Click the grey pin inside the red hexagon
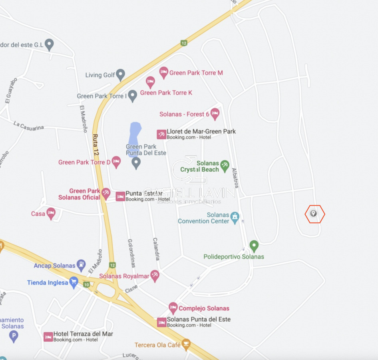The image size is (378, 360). (x=314, y=214)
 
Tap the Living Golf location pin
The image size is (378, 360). (x=120, y=74)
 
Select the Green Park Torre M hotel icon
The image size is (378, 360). (x=163, y=72)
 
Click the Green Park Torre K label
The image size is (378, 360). (x=166, y=93)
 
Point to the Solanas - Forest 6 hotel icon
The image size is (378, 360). (x=215, y=114)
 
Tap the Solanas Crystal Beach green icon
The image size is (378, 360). (x=225, y=164)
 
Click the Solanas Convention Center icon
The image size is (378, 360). (x=235, y=218)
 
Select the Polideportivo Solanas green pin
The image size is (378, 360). (x=254, y=246)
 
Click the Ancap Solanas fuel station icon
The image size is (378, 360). (x=81, y=265)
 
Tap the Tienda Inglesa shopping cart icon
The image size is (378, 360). (x=74, y=282)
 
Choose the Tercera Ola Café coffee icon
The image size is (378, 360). (x=186, y=344)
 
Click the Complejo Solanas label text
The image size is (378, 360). (x=204, y=308)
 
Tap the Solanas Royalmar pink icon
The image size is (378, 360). (x=155, y=275)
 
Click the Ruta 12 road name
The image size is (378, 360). (x=95, y=144)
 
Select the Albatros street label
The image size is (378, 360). (x=235, y=177)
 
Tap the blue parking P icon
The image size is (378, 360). (x=14, y=336)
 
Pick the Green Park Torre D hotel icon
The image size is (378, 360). (x=116, y=162)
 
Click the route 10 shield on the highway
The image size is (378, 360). (x=87, y=284)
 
